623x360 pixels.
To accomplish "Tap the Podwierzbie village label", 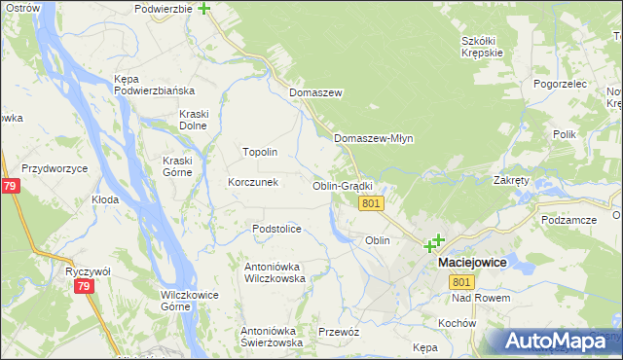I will (x=164, y=9).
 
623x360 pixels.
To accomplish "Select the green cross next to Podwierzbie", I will (x=203, y=9).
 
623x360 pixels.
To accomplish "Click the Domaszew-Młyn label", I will (x=374, y=138).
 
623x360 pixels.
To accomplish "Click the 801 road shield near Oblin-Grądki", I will (x=371, y=203).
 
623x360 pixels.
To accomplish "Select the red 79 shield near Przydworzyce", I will (x=9, y=185).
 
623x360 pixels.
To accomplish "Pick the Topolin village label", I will (x=260, y=153).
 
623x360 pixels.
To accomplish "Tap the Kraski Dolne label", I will (x=194, y=120).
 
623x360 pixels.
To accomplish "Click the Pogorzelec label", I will (x=560, y=85).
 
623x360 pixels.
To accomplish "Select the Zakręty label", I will (x=511, y=180).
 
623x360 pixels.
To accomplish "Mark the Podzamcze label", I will (x=569, y=220).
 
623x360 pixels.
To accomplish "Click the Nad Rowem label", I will (x=481, y=298).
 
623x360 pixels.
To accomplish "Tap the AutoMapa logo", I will (x=555, y=341).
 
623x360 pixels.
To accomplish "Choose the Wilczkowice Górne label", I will (x=189, y=300).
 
